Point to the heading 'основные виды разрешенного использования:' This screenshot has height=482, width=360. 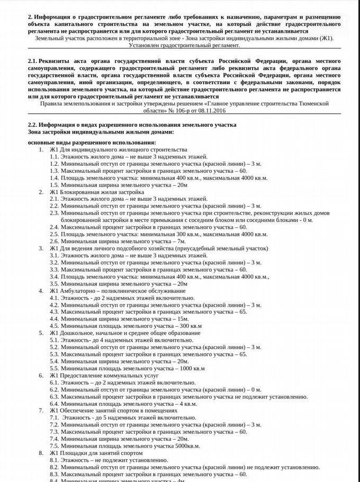click(x=92, y=143)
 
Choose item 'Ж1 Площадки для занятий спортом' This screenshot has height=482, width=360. click(x=96, y=453)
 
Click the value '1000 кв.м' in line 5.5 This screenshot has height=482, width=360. click(x=192, y=368)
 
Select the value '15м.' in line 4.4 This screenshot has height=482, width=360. click(x=184, y=319)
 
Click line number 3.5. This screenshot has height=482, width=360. click(x=54, y=284)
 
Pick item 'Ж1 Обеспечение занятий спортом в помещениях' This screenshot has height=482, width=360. click(x=113, y=410)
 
